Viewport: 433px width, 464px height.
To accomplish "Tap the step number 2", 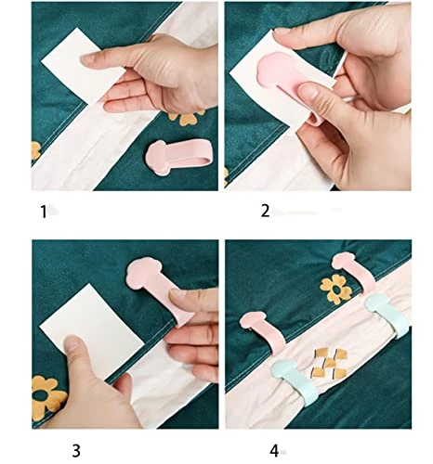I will [265, 212].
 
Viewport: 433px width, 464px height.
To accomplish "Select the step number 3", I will [76, 451].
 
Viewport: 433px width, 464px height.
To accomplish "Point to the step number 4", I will [275, 451].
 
